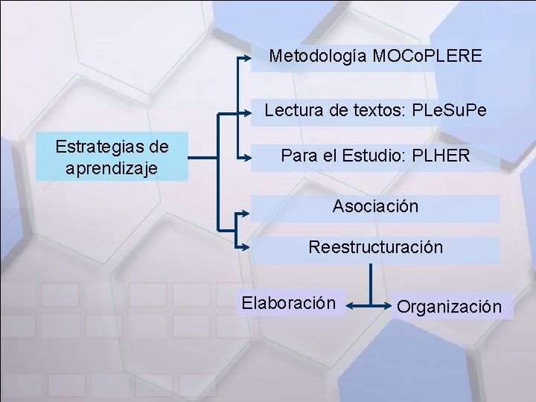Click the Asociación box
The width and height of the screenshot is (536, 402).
375,207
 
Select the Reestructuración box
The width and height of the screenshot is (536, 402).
375,248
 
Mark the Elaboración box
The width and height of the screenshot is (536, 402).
289,304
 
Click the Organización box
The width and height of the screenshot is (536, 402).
449,306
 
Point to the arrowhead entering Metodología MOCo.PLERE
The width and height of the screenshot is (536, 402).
246,57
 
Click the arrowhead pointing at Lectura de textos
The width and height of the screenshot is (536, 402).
246,113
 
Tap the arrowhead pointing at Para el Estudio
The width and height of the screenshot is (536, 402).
246,156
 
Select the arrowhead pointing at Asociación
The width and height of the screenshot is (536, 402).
246,212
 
